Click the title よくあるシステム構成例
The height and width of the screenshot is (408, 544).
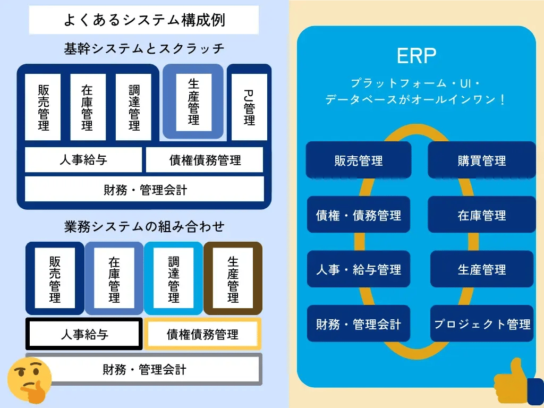pos(144,20)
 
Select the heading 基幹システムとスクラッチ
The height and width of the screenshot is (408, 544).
pos(144,49)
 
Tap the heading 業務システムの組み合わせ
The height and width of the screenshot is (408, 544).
pos(144,227)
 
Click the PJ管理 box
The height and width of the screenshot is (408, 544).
pos(249,107)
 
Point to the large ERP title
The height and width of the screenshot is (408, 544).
pos(416,55)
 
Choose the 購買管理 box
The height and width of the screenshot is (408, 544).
pos(481,160)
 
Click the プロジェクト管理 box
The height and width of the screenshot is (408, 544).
pos(482,324)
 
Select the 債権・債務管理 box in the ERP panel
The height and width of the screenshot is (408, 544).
pos(359,215)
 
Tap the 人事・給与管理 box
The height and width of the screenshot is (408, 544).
pos(359,269)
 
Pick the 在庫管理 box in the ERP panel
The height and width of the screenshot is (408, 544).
pos(481,215)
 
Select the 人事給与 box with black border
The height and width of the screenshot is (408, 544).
pos(84,334)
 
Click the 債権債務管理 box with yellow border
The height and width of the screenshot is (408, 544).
pos(202,334)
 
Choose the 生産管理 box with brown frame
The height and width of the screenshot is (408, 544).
pos(233,278)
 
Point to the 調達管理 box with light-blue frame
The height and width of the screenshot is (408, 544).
pos(174,278)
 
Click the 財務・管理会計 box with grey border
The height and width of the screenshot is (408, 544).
pos(144,369)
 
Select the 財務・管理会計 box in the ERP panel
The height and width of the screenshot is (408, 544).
pos(359,324)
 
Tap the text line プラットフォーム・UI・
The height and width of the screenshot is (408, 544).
pos(416,83)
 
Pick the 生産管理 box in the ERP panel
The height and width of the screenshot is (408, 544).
pos(481,269)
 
